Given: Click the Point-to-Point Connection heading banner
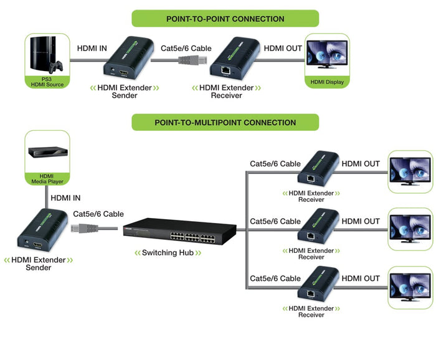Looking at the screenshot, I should [225, 18].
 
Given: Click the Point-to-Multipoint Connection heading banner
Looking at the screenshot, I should [225, 122].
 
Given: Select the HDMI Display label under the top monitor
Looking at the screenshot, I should [327, 82].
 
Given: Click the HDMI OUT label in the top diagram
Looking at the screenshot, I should [283, 48].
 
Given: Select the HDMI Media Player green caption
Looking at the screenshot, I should [47, 179].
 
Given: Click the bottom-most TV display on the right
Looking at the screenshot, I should [410, 287].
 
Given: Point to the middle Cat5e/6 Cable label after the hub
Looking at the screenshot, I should [275, 221].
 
